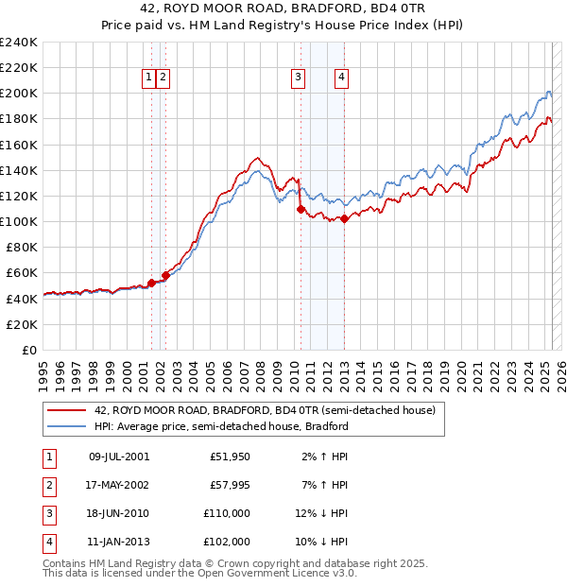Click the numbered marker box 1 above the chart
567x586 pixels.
149,78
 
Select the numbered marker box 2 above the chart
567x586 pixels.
163,78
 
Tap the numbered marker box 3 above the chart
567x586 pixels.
298,78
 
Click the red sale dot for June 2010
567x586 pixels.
301,209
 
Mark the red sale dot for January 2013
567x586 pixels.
344,219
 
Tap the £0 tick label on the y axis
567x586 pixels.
29,350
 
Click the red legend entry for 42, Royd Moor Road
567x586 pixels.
265,411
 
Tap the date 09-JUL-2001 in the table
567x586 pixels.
118,457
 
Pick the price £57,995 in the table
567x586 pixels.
230,485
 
